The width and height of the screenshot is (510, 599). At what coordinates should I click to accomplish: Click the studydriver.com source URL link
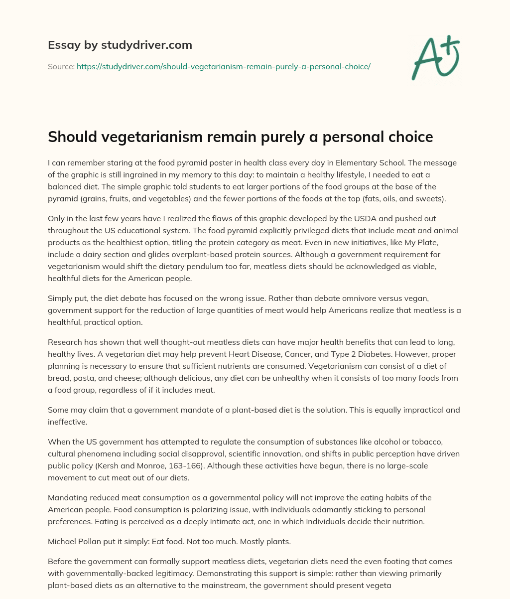tap(223, 66)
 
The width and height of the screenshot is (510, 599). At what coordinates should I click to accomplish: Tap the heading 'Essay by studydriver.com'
tap(120, 45)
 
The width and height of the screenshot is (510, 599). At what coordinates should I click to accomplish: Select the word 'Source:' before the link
tap(61, 66)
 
